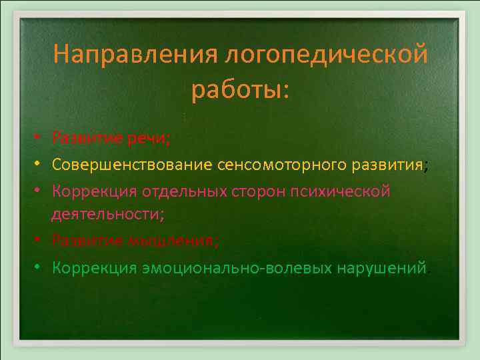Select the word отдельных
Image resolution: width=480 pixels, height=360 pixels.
coord(175,192)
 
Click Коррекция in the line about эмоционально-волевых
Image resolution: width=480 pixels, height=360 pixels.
coord(94,267)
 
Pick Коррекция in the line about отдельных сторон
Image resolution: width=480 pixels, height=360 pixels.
coord(94,192)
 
